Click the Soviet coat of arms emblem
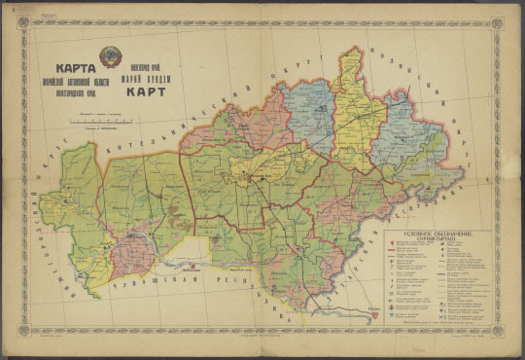[111, 56]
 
